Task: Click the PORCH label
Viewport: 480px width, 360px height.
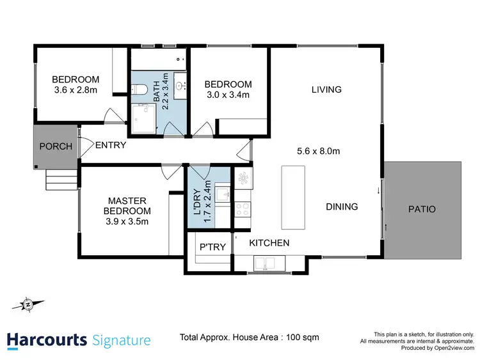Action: (56, 146)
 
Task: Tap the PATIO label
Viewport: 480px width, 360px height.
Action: (422, 209)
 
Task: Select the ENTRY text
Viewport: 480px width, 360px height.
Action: (110, 146)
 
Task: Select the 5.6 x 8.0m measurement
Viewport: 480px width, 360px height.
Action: (318, 152)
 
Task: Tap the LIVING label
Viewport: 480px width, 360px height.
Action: (326, 90)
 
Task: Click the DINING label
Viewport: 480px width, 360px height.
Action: (342, 207)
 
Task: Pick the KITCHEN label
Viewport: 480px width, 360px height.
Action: (269, 243)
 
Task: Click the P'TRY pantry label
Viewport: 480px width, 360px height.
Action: (212, 247)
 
